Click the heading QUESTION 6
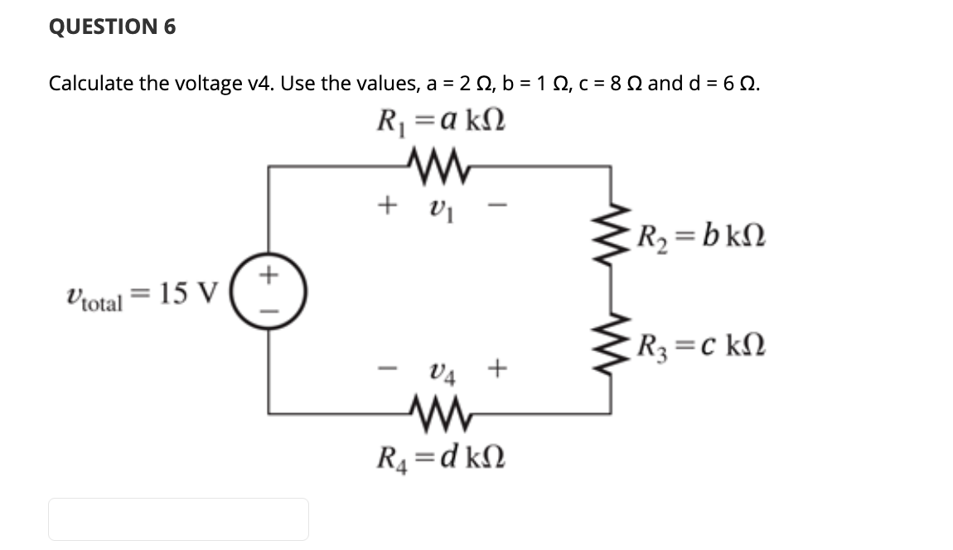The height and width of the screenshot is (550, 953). coord(112,27)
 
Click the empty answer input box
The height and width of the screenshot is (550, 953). coord(178,519)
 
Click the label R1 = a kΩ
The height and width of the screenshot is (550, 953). coord(439,123)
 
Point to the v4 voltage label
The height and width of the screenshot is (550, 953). coord(440,369)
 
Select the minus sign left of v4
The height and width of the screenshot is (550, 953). coord(385,369)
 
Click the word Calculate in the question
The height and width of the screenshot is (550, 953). coord(93,84)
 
